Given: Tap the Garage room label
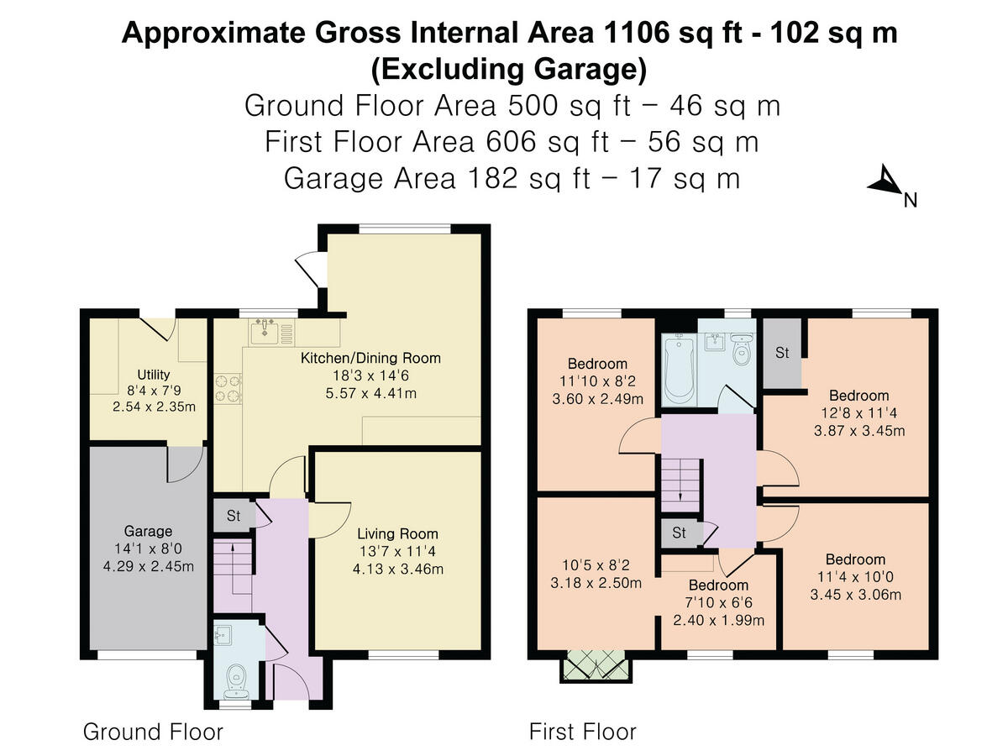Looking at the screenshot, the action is click(148, 531).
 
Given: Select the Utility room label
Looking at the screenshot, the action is click(154, 375).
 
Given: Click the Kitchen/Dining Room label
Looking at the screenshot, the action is click(370, 358).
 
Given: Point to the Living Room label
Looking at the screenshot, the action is click(397, 534).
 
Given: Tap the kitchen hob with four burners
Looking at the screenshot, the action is click(228, 388).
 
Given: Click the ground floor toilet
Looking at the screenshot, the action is click(237, 683).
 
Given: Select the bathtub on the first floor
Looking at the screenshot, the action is click(679, 370).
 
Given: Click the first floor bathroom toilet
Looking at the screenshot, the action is click(742, 349).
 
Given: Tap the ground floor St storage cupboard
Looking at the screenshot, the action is click(234, 516).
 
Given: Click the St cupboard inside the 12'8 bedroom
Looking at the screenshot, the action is click(782, 353).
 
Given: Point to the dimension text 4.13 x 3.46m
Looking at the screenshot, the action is click(398, 570).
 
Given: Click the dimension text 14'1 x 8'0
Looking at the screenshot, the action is click(148, 549).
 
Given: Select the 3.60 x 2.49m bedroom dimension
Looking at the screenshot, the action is click(597, 399).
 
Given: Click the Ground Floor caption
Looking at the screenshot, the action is click(153, 731).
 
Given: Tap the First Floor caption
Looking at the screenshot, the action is click(583, 731).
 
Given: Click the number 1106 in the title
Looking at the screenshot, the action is click(637, 33).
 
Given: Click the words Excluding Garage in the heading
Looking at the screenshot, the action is click(509, 70).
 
